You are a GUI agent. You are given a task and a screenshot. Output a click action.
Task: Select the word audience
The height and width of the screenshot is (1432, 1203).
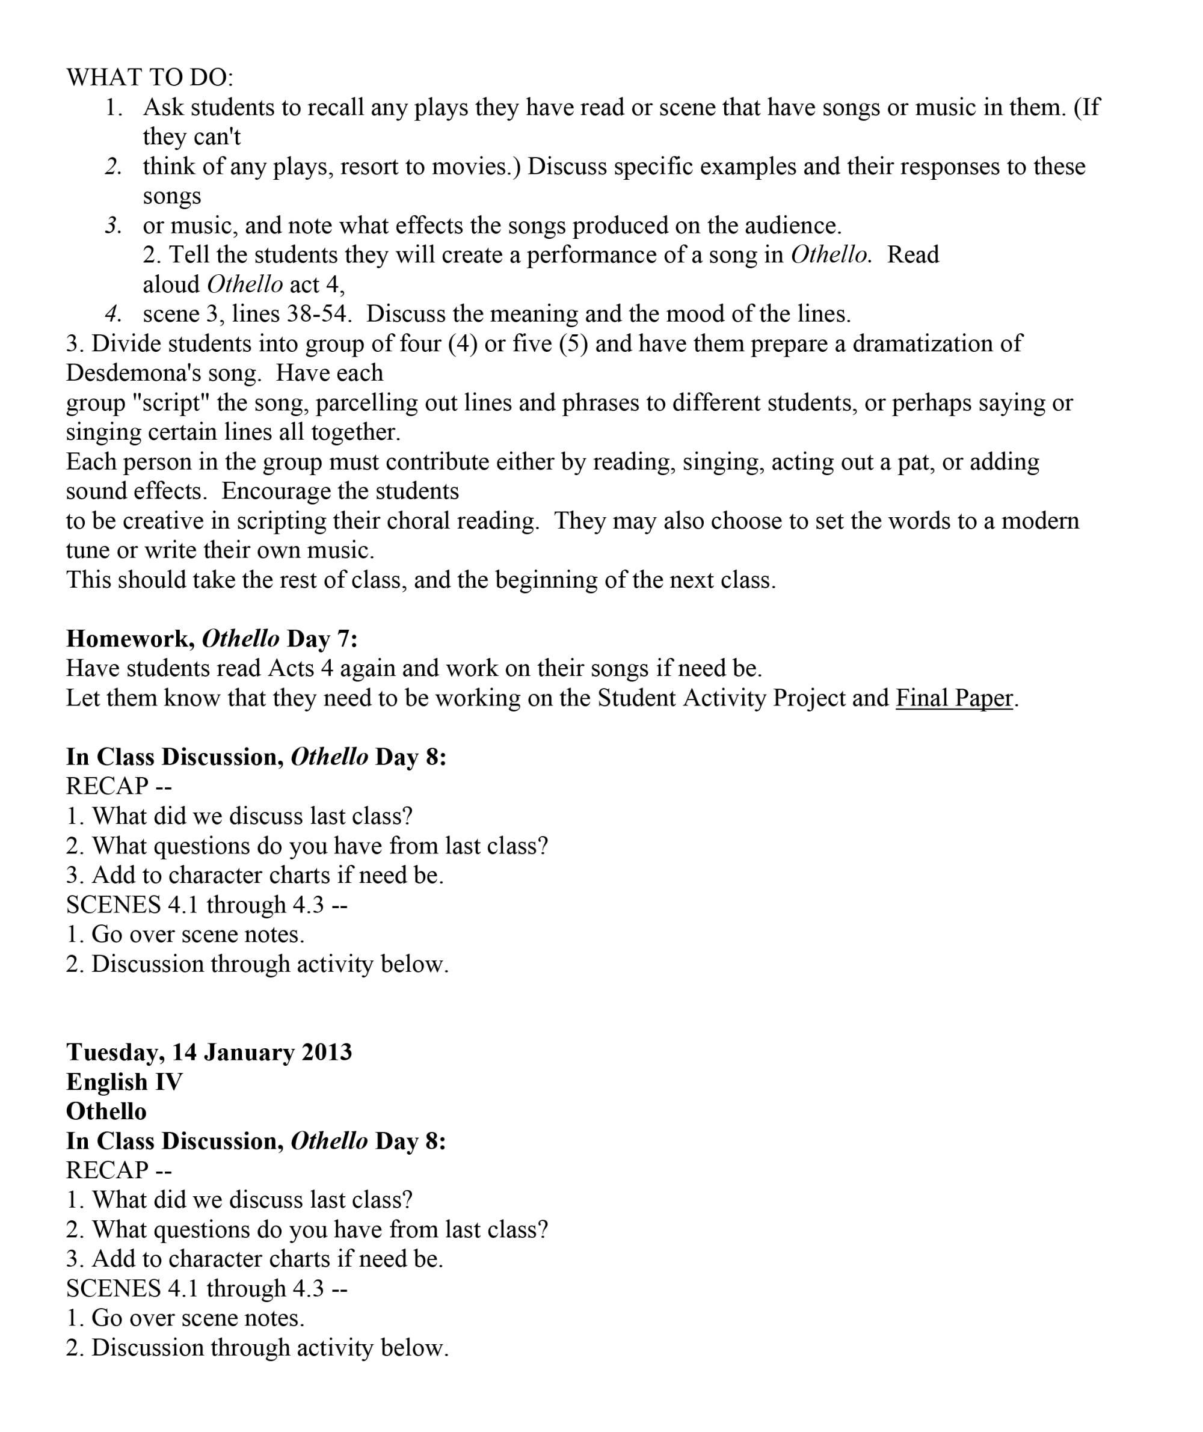click(792, 226)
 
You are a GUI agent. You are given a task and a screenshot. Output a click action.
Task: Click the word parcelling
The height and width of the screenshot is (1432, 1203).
click(365, 403)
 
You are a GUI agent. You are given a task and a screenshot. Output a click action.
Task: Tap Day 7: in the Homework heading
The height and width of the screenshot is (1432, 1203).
click(322, 639)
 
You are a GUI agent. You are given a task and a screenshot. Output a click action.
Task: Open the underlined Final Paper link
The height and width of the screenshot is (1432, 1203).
click(954, 698)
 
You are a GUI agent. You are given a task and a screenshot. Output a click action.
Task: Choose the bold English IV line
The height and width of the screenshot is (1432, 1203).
click(125, 1082)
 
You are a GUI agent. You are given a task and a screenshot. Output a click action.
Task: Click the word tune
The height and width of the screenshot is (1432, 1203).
click(88, 550)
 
